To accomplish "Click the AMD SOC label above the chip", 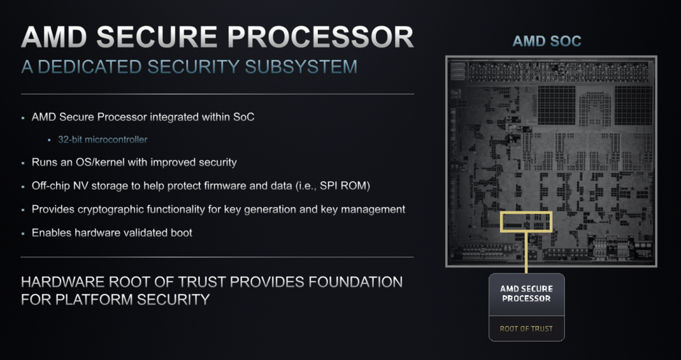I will (547, 42).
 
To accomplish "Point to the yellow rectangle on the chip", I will (526, 221).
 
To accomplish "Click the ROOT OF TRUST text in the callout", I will (526, 328).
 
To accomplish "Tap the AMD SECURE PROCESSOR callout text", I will (526, 294).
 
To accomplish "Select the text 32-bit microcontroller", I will (103, 139).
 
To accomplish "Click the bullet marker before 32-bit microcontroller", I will (49, 140).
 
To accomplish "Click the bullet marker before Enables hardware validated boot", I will (23, 233).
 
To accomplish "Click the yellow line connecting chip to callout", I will (526, 252).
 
